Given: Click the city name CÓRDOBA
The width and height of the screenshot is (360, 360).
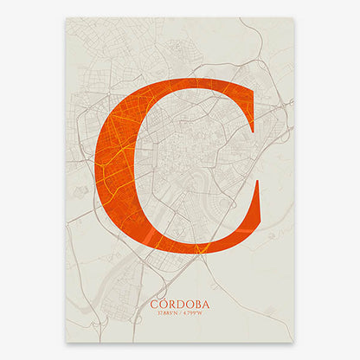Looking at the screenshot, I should [179, 305].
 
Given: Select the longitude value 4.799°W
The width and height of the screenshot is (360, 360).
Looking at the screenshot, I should [193, 312].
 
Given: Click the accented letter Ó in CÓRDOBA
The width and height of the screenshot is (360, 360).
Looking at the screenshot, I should [163, 304].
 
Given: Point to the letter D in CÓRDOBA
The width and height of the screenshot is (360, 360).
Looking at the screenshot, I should [179, 305].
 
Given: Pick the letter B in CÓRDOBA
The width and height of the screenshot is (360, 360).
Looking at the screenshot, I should [196, 305].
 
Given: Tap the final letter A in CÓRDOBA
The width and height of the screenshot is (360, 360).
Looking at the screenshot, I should [205, 305].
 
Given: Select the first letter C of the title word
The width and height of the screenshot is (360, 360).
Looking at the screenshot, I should [154, 305].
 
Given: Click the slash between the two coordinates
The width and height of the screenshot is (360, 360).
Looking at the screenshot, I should [180, 312].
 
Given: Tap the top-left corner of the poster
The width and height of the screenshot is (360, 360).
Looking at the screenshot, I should [67, 18].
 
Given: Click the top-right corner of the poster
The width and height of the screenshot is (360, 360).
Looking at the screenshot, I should [293, 18].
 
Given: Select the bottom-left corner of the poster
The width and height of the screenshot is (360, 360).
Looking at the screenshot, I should [67, 340].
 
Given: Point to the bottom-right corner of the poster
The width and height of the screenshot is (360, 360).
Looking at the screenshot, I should [293, 340].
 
